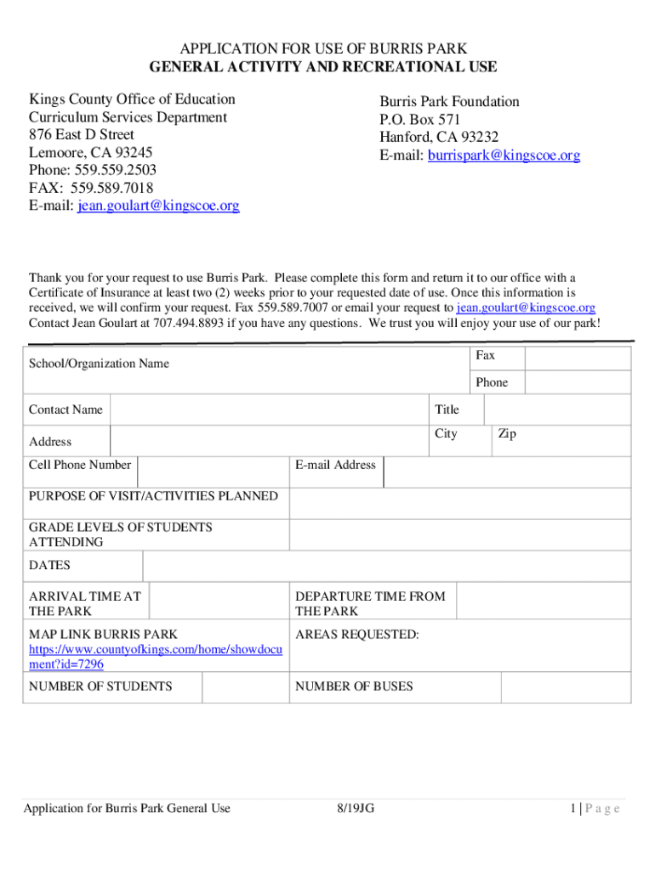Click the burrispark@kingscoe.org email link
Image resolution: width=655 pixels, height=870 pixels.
coord(504,155)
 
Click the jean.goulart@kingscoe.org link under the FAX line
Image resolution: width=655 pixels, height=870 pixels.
coord(158,206)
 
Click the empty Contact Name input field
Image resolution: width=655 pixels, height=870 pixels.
coord(269,410)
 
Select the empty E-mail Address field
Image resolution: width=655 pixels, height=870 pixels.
coord(506,472)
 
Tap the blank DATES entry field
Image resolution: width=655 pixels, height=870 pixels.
coord(386,566)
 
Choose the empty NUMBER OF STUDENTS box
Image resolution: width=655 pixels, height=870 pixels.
coord(245,687)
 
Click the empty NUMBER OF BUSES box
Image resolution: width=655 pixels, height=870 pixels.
coord(566,687)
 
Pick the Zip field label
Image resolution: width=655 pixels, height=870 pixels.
coord(507,434)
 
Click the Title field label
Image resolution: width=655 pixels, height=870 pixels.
coord(447,410)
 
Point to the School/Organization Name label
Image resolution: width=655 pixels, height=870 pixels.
coord(99,364)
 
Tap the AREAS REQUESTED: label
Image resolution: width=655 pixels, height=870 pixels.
coord(356,635)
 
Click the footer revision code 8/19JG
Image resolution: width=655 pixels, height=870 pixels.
coord(355,808)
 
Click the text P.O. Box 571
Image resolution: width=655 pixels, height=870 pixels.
coord(420,120)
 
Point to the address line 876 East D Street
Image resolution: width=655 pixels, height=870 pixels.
coord(82,134)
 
